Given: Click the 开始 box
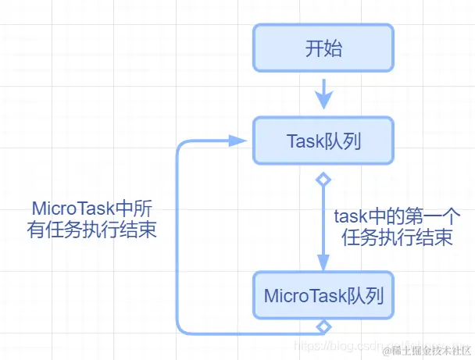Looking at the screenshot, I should tap(323, 48).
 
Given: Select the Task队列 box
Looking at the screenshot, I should tap(323, 141).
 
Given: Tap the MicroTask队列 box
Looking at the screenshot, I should tap(323, 296).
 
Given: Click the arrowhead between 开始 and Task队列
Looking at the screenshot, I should tap(323, 100).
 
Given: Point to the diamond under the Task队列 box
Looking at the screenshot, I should tap(323, 180).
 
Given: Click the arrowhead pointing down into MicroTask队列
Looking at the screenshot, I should tap(323, 262).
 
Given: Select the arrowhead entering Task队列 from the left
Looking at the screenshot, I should tap(237, 141).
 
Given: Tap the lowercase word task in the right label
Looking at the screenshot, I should tap(351, 217).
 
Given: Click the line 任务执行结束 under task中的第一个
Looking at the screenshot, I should tap(397, 239).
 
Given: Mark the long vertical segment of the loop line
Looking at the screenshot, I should tap(179, 234).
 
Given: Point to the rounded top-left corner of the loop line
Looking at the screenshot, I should tap(183, 146).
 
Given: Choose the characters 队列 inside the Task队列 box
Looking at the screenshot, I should tap(343, 141).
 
